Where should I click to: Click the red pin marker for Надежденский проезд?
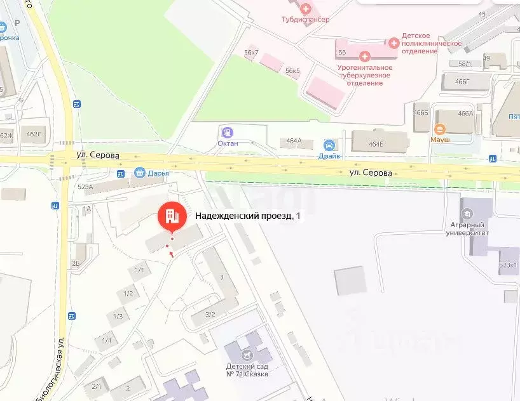point(171,216)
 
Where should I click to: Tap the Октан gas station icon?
point(227,133)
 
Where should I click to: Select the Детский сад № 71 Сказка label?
point(247,370)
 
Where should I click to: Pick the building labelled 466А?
point(465,114)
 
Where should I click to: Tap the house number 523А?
point(85,187)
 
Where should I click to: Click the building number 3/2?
point(210,314)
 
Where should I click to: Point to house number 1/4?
point(106,341)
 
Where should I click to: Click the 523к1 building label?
point(509,265)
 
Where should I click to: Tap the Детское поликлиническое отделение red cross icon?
point(393,43)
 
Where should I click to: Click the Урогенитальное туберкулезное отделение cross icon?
point(364,57)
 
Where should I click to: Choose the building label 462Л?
point(34,134)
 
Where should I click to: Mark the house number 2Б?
point(76,263)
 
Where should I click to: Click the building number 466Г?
point(462,82)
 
